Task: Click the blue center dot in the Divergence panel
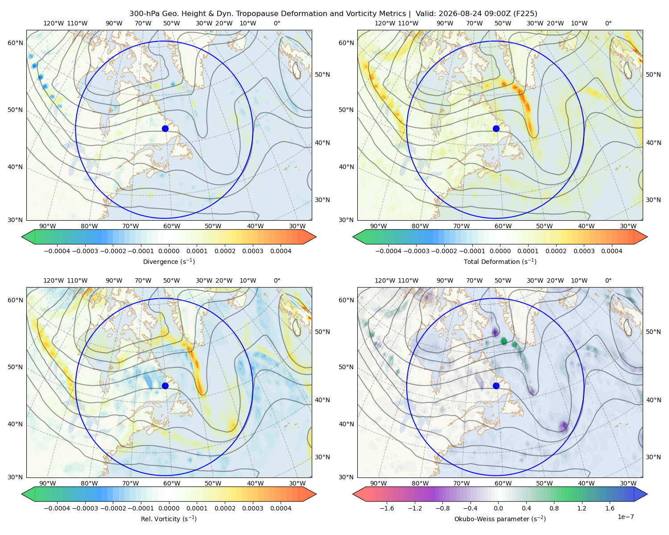point(165,129)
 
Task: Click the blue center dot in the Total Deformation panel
point(496,129)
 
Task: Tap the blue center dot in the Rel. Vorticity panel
point(165,386)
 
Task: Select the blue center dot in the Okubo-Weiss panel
point(496,386)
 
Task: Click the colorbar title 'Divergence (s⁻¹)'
point(169,262)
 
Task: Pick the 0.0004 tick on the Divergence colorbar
point(281,251)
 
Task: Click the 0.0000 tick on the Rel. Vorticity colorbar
point(169,508)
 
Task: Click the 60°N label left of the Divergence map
point(15,43)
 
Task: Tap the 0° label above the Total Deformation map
point(608,23)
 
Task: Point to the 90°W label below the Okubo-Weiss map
point(378,483)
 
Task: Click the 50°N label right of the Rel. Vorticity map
point(322,332)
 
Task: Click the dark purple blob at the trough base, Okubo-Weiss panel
point(563,427)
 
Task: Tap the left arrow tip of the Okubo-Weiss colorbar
point(353,494)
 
